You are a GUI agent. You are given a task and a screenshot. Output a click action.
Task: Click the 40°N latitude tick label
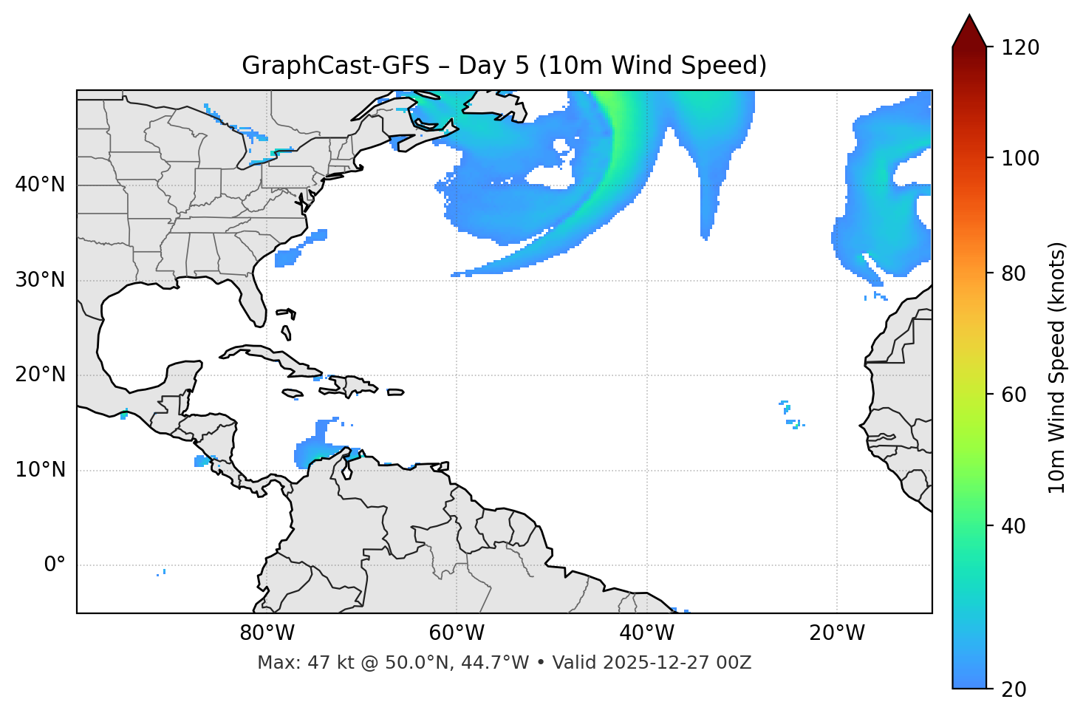click(x=40, y=185)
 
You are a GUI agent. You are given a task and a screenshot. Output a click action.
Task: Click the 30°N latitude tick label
click(x=40, y=280)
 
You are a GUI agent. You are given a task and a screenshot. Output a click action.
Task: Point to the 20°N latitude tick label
click(x=40, y=375)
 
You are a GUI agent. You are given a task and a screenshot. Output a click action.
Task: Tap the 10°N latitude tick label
click(x=40, y=470)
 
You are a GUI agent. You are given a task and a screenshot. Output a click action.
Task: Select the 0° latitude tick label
click(x=55, y=565)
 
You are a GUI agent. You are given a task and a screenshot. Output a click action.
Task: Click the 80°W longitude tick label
click(x=267, y=633)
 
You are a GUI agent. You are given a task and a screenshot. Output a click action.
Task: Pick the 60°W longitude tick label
click(x=457, y=633)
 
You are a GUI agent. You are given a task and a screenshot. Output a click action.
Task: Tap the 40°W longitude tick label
click(x=646, y=633)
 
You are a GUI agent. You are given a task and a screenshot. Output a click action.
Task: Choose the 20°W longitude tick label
click(x=836, y=633)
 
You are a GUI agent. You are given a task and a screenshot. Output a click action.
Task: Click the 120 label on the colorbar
click(x=1020, y=48)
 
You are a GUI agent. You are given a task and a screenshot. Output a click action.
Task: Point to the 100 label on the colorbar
click(x=1020, y=158)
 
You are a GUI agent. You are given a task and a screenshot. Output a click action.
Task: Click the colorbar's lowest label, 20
click(x=1014, y=689)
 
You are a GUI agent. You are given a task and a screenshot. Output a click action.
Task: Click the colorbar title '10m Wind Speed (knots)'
click(x=1057, y=367)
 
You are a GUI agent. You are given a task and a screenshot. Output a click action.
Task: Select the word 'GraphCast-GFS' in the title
click(x=335, y=66)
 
